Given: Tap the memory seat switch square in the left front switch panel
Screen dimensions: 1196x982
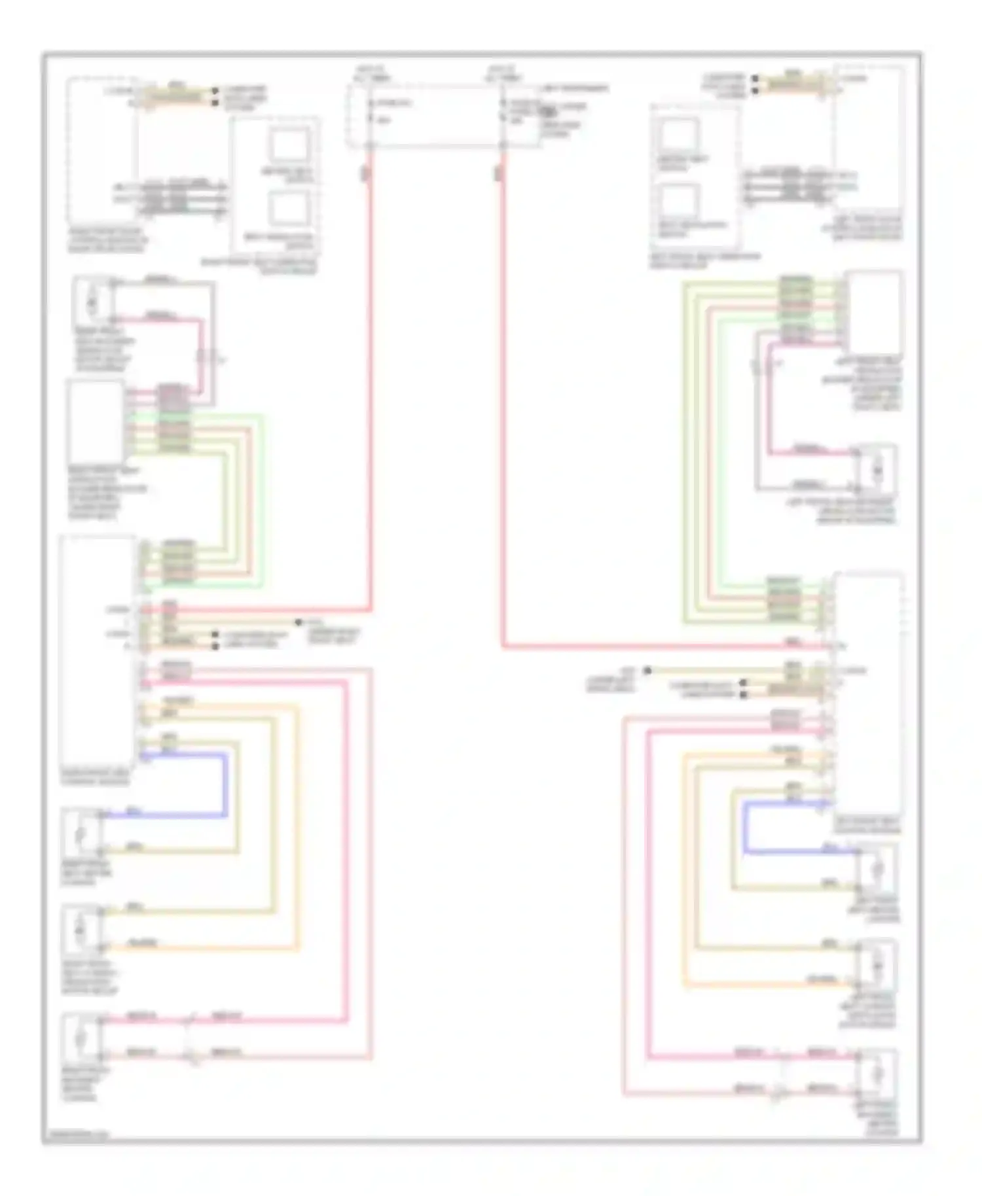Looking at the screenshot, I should pyautogui.click(x=678, y=135).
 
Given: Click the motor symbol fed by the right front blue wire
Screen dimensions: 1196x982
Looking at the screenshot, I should pyautogui.click(x=81, y=834).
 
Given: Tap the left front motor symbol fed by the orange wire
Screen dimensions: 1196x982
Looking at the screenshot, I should pyautogui.click(x=877, y=964).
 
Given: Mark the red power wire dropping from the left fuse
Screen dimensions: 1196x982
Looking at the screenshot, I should pyautogui.click(x=371, y=393).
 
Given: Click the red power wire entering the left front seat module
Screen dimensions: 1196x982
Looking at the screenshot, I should pyautogui.click(x=655, y=647).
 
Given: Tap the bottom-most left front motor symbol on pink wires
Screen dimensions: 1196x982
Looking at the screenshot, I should pyautogui.click(x=877, y=1073).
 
